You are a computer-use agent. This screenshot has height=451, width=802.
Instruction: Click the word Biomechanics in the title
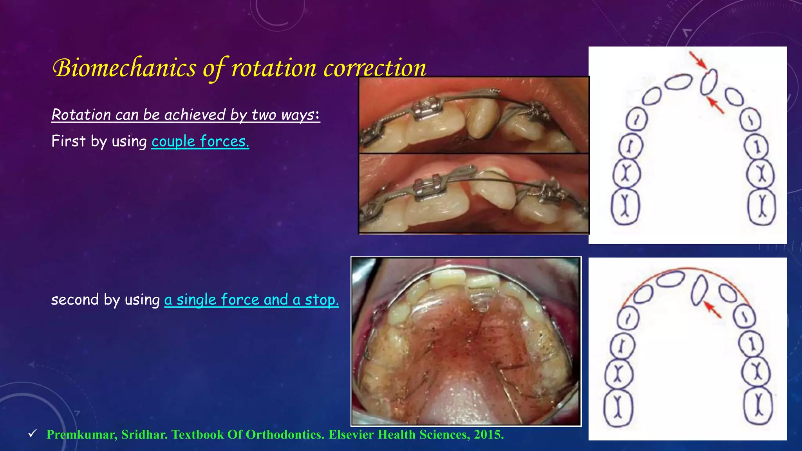pyautogui.click(x=124, y=68)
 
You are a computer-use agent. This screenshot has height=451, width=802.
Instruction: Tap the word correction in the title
pyautogui.click(x=375, y=68)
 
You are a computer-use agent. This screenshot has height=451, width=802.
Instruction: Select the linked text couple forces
pyautogui.click(x=200, y=141)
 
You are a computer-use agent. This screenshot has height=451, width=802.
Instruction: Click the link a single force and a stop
pyautogui.click(x=251, y=300)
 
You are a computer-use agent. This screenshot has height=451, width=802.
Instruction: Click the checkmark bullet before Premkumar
pyautogui.click(x=33, y=433)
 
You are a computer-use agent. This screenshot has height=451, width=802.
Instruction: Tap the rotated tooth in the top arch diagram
pyautogui.click(x=708, y=82)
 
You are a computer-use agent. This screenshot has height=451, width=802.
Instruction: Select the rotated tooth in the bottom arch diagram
pyautogui.click(x=699, y=290)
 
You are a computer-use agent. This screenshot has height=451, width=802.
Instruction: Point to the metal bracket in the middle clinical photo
pyautogui.click(x=427, y=187)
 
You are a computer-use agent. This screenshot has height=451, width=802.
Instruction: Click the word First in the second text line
pyautogui.click(x=68, y=141)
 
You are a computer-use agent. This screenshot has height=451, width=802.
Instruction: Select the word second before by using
pyautogui.click(x=75, y=300)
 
